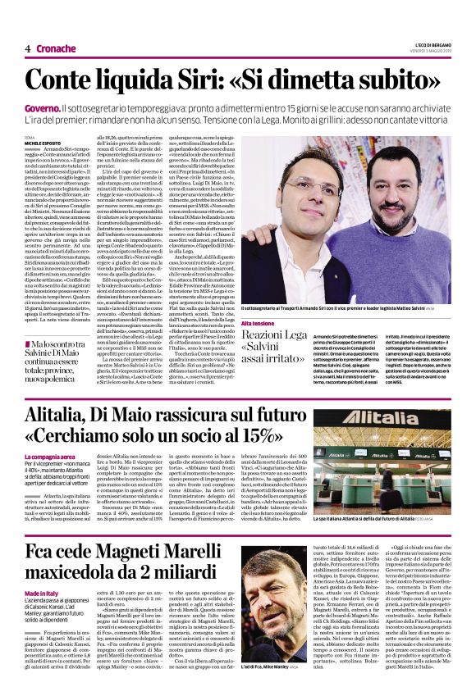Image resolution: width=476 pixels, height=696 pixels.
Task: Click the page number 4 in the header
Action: (28, 48)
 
